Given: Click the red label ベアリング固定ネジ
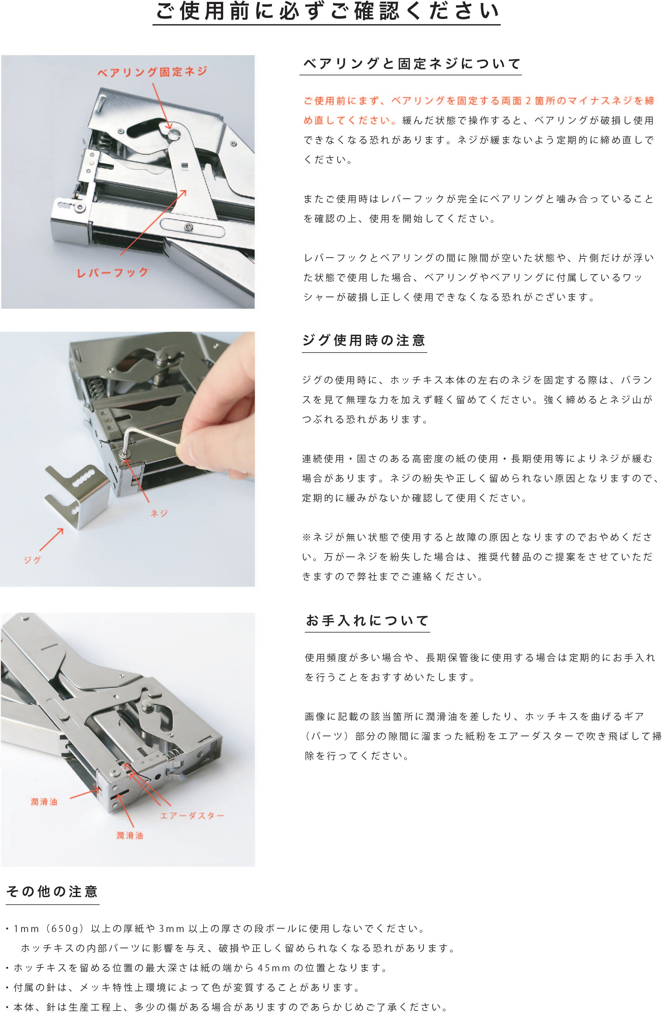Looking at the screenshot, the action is point(152,72).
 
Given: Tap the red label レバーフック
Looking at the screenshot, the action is point(113,273).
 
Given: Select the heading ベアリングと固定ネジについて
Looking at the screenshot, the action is point(412,64).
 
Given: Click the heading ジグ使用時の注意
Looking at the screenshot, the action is point(364,340).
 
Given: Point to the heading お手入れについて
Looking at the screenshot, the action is point(367,620).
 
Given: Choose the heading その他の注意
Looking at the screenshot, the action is point(52,891).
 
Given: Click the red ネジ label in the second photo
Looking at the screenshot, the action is point(159,513).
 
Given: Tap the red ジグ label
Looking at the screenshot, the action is point(32,560).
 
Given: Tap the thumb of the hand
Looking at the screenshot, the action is point(202,451).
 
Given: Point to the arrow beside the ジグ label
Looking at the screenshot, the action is point(52,540).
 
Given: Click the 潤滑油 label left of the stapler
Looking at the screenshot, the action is point(44,802).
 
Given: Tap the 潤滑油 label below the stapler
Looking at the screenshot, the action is point(129,835).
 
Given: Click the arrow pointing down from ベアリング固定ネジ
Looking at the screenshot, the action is point(162,106).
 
